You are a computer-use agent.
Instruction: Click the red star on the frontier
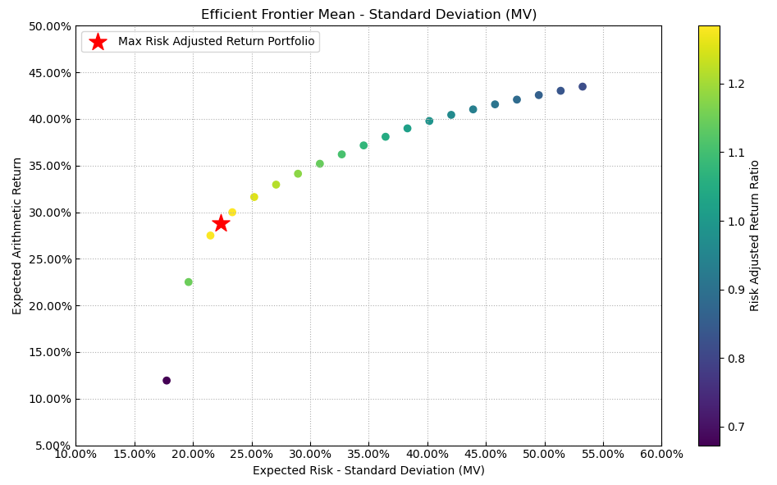pyautogui.click(x=221, y=223)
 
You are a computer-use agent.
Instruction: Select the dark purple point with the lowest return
pyautogui.click(x=167, y=381)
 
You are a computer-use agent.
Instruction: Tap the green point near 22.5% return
pyautogui.click(x=189, y=282)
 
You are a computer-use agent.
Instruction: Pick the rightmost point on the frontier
pyautogui.click(x=583, y=87)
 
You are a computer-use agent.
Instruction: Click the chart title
pyautogui.click(x=368, y=15)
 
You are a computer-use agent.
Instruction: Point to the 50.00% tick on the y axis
pyautogui.click(x=49, y=26)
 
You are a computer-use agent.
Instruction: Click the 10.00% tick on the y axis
pyautogui.click(x=49, y=400)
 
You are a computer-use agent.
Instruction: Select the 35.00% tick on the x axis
pyautogui.click(x=368, y=454)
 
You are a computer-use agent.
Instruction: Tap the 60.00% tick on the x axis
pyautogui.click(x=661, y=454)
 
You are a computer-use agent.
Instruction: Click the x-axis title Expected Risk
pyautogui.click(x=368, y=470)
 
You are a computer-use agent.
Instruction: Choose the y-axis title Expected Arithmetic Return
pyautogui.click(x=17, y=236)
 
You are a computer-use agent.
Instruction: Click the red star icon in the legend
pyautogui.click(x=98, y=42)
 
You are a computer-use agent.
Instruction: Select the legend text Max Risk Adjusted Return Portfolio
pyautogui.click(x=216, y=42)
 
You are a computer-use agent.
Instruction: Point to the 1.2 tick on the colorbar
pyautogui.click(x=737, y=84)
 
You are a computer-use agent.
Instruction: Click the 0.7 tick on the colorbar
pyautogui.click(x=737, y=427)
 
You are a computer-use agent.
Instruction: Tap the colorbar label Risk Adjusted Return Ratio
pyautogui.click(x=755, y=236)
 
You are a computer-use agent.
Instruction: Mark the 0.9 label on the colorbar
pyautogui.click(x=737, y=290)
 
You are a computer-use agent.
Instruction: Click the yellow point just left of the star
pyautogui.click(x=210, y=236)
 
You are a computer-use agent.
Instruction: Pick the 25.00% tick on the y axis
pyautogui.click(x=49, y=259)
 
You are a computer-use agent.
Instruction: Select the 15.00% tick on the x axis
pyautogui.click(x=135, y=454)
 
